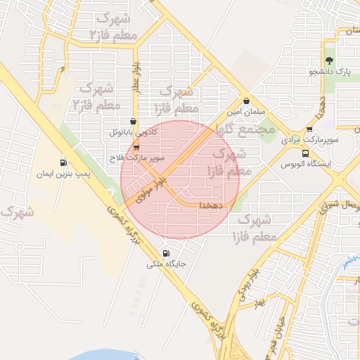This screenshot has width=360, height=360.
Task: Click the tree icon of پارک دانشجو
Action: pos(329,60)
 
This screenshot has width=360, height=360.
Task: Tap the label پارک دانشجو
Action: pos(332,72)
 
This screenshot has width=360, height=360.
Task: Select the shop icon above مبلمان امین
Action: pos(246,101)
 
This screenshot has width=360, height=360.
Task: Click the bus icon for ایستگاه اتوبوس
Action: pos(305,153)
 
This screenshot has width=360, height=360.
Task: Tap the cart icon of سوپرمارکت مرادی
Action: pos(310,129)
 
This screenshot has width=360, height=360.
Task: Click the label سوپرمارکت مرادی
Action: pos(306,141)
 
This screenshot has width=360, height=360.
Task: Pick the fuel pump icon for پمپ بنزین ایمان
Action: pos(64,162)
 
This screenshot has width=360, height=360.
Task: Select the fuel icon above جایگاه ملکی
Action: pos(166,253)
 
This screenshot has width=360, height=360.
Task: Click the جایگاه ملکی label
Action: pos(166,264)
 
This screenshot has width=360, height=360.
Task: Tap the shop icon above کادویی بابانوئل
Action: pos(133,121)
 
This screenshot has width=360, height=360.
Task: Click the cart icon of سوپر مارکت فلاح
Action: pos(136,148)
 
